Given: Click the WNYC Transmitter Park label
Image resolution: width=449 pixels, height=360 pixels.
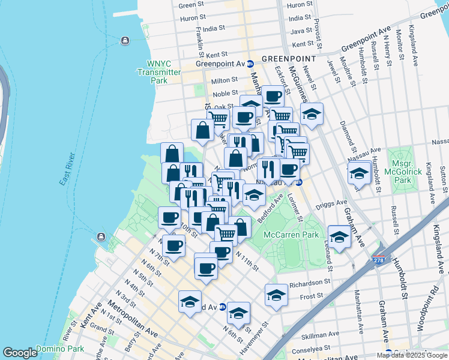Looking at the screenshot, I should click(159, 72).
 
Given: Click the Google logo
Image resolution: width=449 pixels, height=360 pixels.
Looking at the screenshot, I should click(20, 353).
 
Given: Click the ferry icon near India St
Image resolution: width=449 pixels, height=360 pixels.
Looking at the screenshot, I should click(124, 41).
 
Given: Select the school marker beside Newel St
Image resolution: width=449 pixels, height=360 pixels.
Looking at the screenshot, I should click(312, 114).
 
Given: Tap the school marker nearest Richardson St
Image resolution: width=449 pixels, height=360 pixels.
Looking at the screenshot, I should click(276, 295).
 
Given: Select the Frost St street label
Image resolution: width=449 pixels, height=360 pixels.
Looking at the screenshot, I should click(311, 296).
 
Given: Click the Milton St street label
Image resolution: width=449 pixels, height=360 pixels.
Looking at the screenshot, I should click(224, 80).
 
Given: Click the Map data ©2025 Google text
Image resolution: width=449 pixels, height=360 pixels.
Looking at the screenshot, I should click(411, 355).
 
